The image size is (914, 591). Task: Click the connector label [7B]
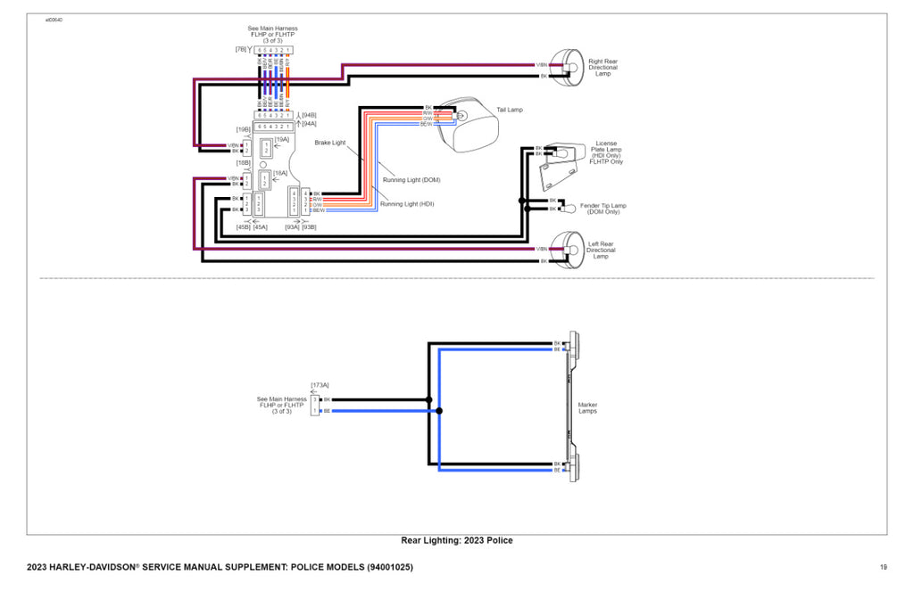[x=241, y=49]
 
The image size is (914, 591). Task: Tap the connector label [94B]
[x=309, y=115]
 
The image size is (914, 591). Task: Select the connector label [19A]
[x=282, y=140]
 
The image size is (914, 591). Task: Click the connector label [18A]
[x=279, y=172]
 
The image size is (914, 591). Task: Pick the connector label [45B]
[x=243, y=226]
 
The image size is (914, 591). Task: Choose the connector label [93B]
[x=310, y=226]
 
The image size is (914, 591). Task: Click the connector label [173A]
[x=320, y=385]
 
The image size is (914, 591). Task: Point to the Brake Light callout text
[x=329, y=143]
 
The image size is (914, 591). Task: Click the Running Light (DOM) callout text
[x=411, y=180]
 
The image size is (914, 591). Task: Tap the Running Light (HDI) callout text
[x=407, y=204]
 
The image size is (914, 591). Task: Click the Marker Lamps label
[x=588, y=407]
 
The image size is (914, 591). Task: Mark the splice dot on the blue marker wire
[x=438, y=411]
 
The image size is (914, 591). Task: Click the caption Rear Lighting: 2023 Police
[x=457, y=540]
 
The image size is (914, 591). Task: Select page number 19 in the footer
[x=883, y=568]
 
